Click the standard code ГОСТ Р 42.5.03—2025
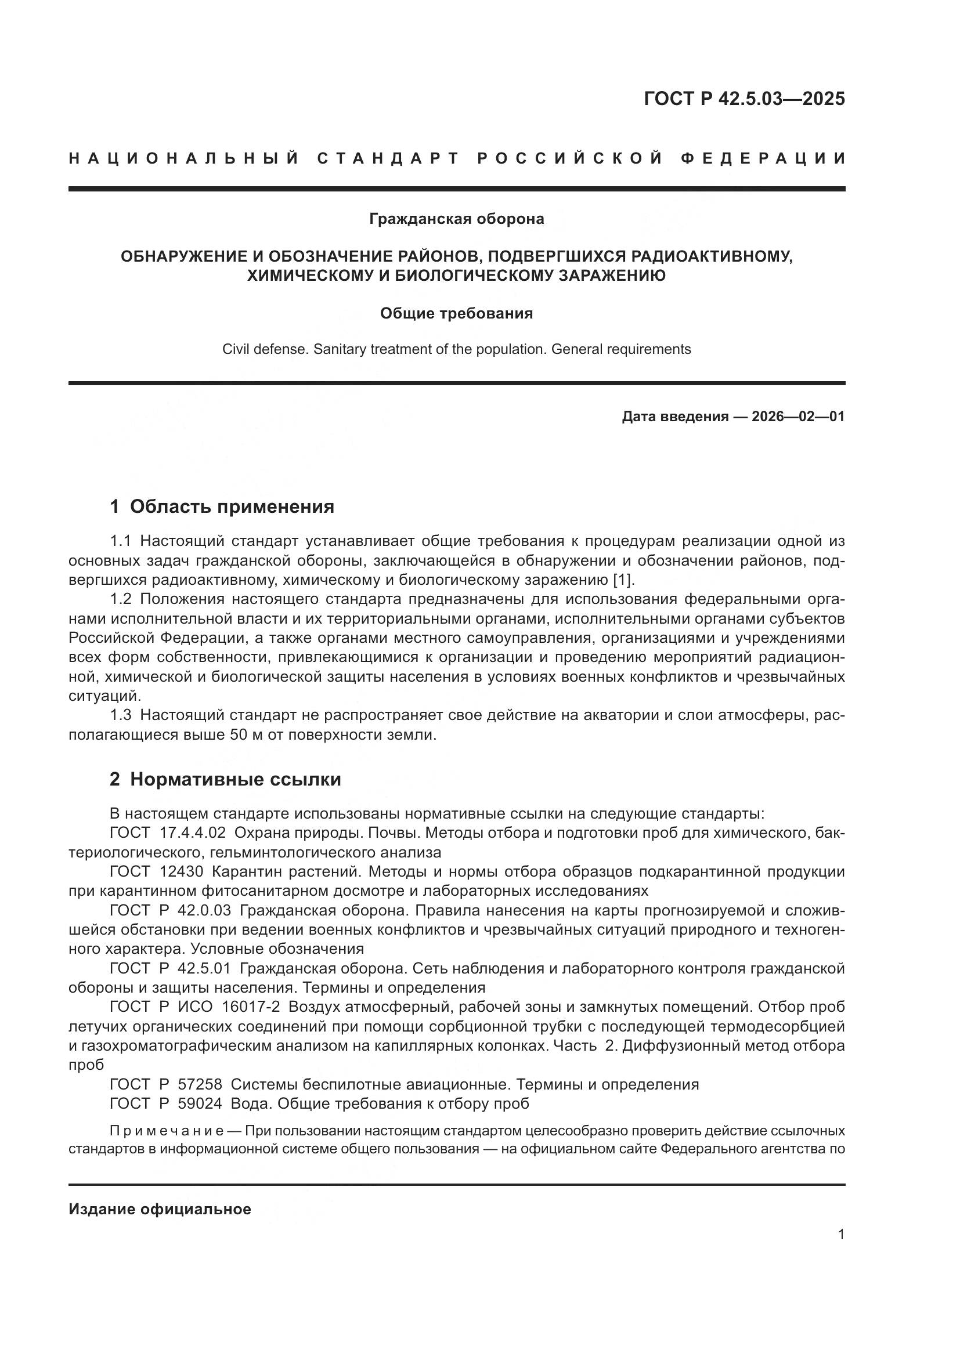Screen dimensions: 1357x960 point(744,99)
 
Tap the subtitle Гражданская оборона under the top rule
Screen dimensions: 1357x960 point(456,219)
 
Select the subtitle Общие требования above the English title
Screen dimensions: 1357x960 point(456,313)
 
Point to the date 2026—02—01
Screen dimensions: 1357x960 point(797,417)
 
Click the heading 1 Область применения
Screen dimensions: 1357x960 point(222,506)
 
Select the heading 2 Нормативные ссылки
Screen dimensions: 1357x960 point(225,780)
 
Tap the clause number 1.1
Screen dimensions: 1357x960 point(121,541)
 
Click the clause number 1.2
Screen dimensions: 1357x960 point(121,599)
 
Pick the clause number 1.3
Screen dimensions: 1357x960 point(121,716)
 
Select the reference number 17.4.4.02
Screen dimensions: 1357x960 point(193,833)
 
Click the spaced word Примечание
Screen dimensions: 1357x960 point(167,1131)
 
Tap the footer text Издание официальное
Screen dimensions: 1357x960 point(160,1209)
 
